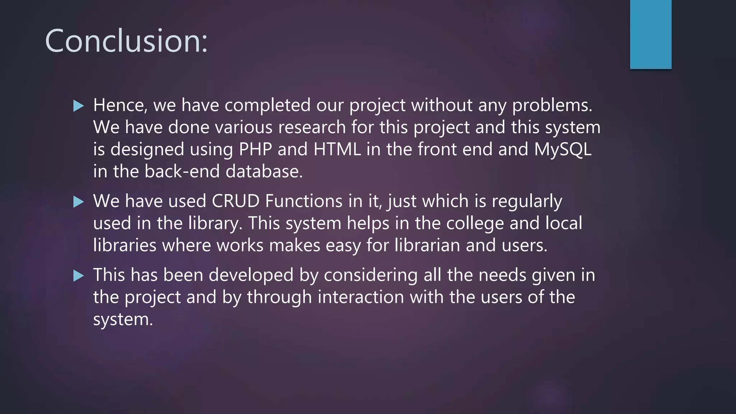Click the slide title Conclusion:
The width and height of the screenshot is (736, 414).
point(126,41)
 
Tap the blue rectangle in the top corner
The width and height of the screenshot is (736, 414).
point(650,34)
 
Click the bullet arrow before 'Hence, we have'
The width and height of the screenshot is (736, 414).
point(78,106)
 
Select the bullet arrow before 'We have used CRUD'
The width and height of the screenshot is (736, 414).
point(78,202)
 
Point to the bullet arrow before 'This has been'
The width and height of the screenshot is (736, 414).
point(78,276)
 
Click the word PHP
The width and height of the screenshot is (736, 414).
point(255,149)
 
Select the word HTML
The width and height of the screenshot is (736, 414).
point(337,149)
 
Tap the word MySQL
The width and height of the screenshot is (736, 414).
point(562,149)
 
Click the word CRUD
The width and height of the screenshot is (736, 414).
point(235,201)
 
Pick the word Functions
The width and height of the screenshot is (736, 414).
point(304,201)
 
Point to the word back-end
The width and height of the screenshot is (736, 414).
point(182,171)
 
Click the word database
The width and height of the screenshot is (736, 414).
point(264,171)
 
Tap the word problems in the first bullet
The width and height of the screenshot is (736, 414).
point(552,105)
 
